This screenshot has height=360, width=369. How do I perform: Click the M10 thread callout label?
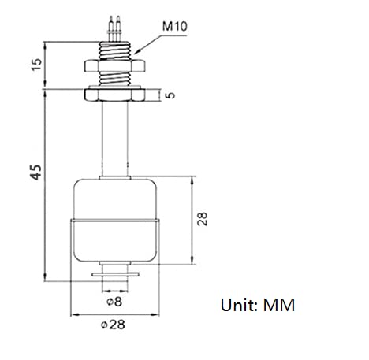point(175,26)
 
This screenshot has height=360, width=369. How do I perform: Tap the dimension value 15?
point(36,65)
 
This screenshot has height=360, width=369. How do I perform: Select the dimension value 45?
point(36,173)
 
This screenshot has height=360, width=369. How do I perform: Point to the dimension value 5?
point(171,95)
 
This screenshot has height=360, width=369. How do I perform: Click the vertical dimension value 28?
point(203,219)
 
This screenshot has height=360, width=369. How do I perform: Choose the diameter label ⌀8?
point(114,302)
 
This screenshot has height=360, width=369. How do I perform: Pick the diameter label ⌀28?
point(113,325)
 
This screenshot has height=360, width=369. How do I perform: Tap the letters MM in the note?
point(279,305)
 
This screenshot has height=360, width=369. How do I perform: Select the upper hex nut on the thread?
point(114,65)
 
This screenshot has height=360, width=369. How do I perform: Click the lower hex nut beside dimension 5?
point(114,95)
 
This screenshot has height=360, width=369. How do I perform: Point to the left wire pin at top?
point(111,28)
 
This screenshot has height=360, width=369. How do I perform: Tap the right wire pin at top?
point(118,28)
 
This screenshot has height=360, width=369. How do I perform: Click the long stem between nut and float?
point(115,139)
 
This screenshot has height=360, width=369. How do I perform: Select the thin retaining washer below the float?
point(115,275)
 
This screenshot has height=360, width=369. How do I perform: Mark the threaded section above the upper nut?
point(115,51)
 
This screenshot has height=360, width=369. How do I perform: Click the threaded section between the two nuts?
point(115,79)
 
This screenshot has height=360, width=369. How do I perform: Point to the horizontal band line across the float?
point(115,220)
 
